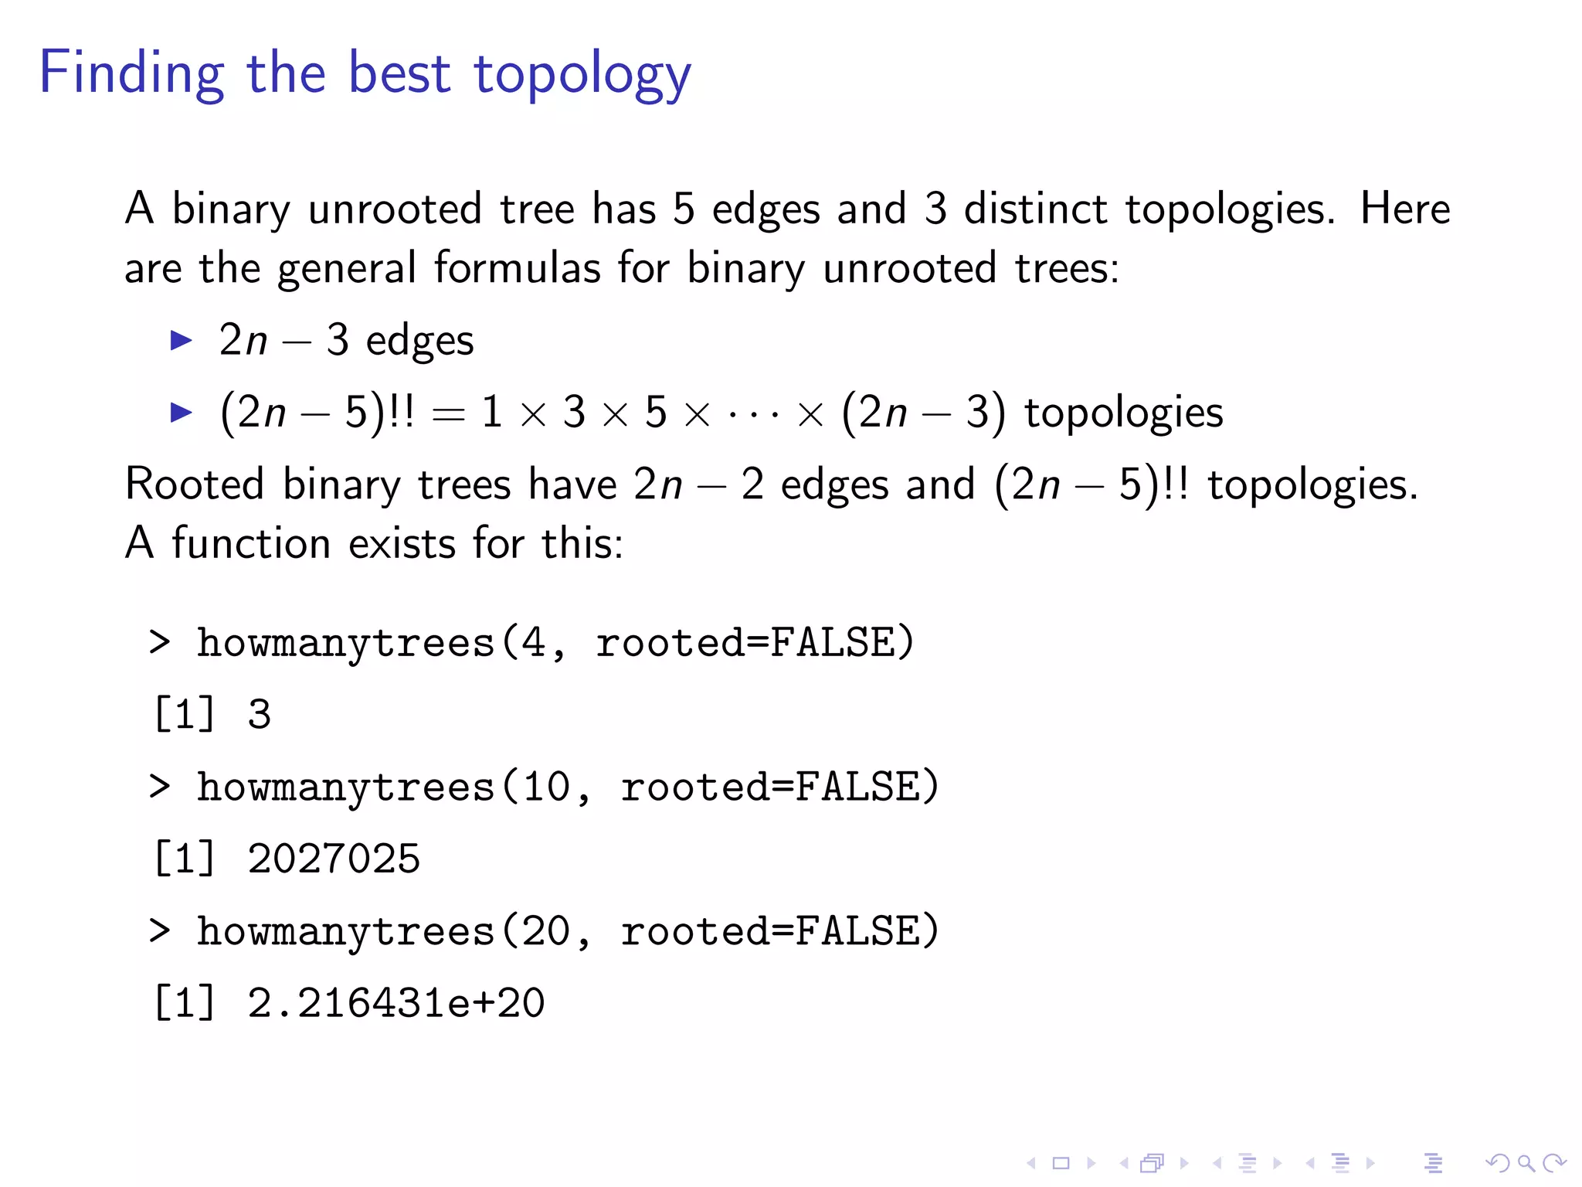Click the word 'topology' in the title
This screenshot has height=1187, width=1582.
582,74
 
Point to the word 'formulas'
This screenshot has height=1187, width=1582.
517,268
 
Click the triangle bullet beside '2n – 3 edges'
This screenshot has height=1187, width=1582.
181,340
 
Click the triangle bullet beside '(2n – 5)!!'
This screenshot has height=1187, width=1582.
181,412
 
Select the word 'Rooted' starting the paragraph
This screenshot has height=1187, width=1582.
195,485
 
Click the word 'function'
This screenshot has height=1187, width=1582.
251,542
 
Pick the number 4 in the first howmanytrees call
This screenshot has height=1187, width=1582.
533,643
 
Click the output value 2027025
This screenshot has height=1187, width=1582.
334,859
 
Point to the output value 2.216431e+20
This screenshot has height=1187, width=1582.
395,1003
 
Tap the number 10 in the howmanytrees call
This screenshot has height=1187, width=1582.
546,787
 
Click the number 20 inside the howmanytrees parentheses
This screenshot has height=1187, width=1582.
546,931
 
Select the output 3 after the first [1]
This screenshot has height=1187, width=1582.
260,715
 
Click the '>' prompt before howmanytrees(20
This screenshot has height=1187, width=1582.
159,931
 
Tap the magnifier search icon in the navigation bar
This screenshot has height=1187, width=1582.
1526,1163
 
